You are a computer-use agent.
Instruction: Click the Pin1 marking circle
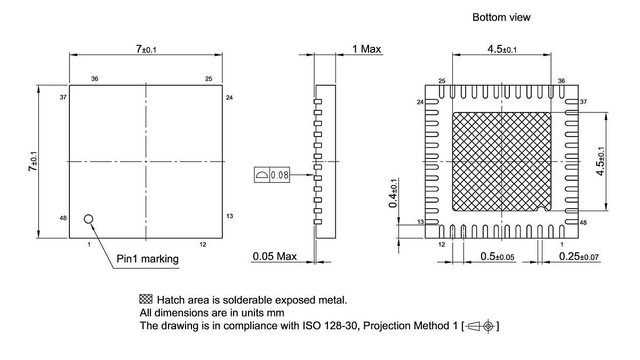tap(89, 218)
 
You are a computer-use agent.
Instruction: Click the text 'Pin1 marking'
tap(148, 259)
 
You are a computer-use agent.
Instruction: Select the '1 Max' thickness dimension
tap(366, 49)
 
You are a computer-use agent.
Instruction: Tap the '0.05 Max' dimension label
tap(274, 257)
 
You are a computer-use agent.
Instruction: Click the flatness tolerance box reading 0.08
tap(272, 175)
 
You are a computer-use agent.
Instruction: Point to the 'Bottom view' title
tap(501, 18)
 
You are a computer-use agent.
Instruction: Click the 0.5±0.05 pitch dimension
tap(497, 257)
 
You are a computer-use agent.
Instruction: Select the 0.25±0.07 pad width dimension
tap(579, 257)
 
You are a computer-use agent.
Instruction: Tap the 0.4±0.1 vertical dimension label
tap(393, 193)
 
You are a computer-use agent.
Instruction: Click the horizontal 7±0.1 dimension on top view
tap(146, 49)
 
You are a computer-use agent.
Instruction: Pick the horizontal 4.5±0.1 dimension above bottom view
tap(501, 49)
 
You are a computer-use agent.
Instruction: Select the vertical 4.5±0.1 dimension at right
tap(616, 161)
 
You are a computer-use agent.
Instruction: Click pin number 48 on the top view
tap(63, 218)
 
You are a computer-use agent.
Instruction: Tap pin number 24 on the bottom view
tap(420, 102)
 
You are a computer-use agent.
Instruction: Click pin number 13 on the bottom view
tap(420, 222)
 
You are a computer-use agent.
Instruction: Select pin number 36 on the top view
tap(94, 78)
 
